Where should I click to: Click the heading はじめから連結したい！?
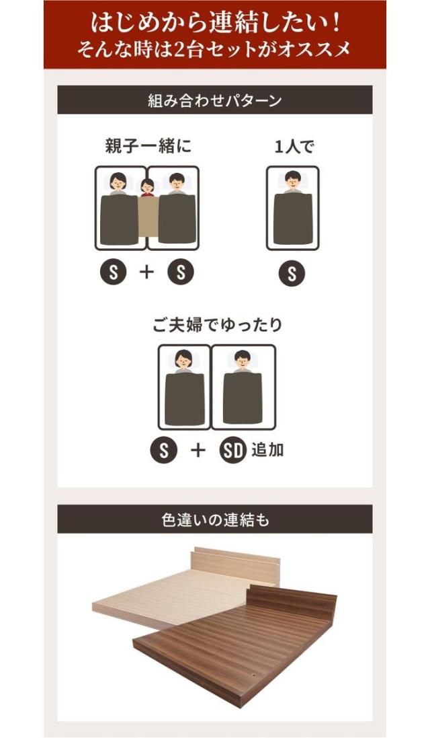(x=215, y=23)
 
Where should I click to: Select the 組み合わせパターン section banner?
(x=215, y=100)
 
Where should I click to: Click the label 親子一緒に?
(x=148, y=147)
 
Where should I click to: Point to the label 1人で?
(x=294, y=147)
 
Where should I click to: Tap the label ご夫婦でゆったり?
(x=216, y=325)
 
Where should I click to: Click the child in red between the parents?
(x=148, y=188)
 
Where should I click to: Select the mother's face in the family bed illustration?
(x=118, y=182)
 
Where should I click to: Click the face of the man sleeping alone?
(x=293, y=181)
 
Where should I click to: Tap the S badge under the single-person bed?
(x=292, y=273)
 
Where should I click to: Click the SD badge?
(x=233, y=451)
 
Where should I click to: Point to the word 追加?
(x=267, y=450)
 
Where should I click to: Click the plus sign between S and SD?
(x=198, y=451)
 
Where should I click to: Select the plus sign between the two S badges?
(x=147, y=272)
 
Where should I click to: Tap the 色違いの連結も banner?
(x=215, y=519)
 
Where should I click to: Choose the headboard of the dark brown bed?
(x=292, y=597)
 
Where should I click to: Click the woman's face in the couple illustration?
(x=183, y=360)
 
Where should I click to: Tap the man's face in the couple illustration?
(x=243, y=360)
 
